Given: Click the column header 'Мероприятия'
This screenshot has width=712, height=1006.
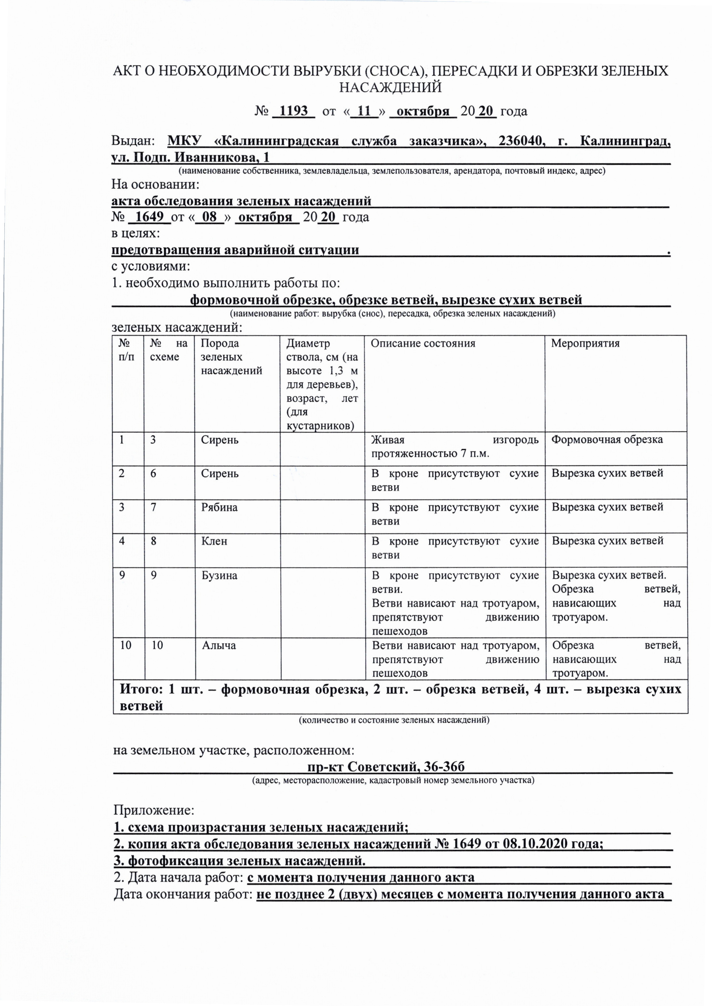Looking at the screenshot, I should tap(585, 343).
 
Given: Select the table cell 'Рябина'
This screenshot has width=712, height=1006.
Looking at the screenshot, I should tap(219, 508).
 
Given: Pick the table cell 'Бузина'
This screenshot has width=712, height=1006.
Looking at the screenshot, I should tap(219, 576).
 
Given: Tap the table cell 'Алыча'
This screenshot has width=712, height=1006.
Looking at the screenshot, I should tap(219, 645).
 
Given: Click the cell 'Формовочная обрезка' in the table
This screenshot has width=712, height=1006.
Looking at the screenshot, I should tap(607, 440).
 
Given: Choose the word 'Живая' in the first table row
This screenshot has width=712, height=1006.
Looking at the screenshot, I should tap(387, 440).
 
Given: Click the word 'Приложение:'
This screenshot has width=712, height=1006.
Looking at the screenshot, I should tap(154, 810).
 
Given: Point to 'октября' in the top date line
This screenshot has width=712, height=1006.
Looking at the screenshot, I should tap(423, 111).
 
